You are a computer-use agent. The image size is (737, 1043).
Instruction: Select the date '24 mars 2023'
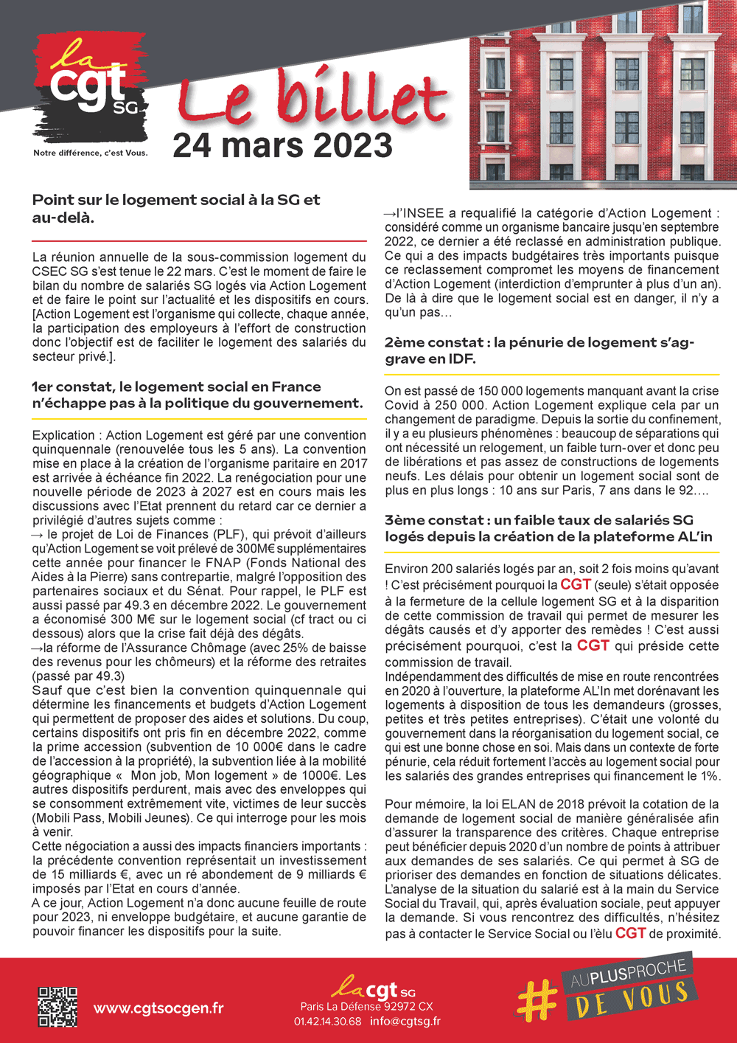coord(282,145)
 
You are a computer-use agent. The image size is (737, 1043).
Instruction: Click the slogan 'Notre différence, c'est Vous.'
coord(91,153)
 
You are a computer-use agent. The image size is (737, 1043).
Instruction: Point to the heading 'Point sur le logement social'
coord(176,208)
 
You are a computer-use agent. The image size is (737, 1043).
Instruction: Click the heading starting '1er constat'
coord(197,395)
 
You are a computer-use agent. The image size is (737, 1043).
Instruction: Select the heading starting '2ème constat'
coord(539,350)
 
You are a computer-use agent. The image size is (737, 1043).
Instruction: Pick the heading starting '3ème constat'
coord(548,528)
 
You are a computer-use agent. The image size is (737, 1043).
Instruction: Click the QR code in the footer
coord(57,1007)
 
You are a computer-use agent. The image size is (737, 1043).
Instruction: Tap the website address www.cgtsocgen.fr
coord(158,1008)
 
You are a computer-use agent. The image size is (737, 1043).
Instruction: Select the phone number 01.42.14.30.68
coord(327,1022)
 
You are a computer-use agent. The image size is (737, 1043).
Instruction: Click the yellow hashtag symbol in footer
coord(538,1000)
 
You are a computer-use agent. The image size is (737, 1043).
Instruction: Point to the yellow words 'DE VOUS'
coord(632,999)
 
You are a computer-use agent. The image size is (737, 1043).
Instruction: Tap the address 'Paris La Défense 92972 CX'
coord(366,1006)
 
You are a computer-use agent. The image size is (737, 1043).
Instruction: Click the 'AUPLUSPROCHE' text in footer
coord(628,974)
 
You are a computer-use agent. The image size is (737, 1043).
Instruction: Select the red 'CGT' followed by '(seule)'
coord(576,585)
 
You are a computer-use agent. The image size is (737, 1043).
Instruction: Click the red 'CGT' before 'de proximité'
coord(630,933)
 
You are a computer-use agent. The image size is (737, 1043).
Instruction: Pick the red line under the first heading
coord(199,241)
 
